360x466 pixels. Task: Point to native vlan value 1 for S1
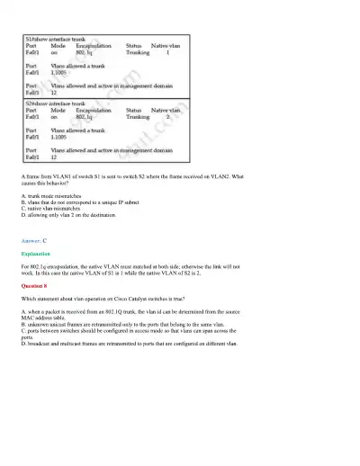coord(168,52)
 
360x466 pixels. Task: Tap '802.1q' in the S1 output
coord(85,52)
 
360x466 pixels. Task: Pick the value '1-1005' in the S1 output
coord(60,72)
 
